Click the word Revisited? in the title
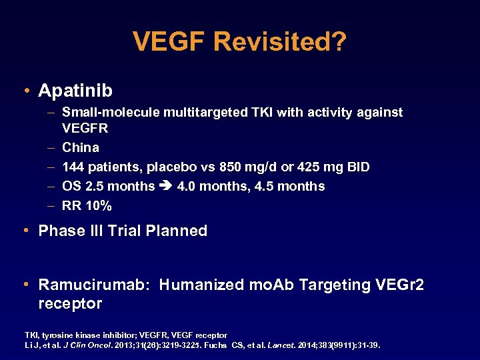pyautogui.click(x=280, y=41)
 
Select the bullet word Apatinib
pyautogui.click(x=75, y=90)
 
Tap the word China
pyautogui.click(x=81, y=147)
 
